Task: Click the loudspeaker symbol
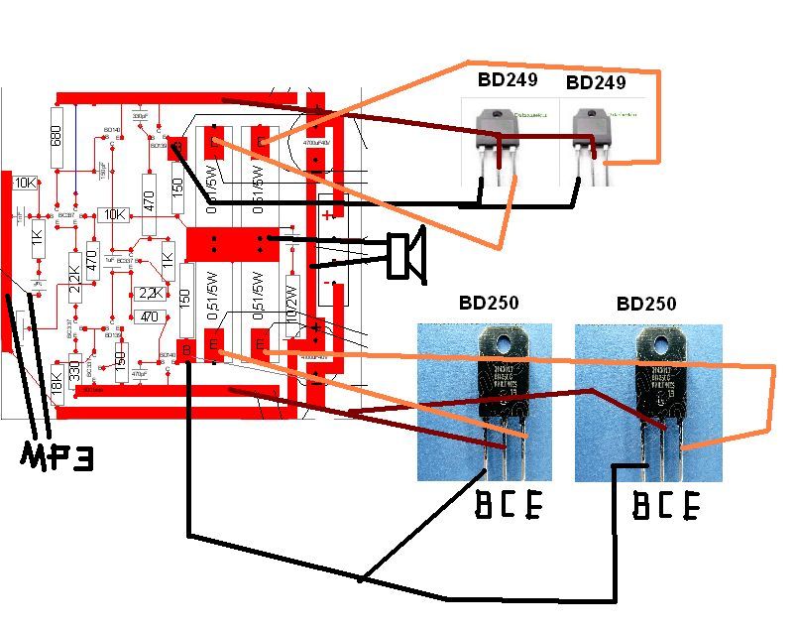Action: click(404, 252)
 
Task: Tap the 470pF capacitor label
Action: click(138, 374)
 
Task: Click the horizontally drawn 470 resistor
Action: click(149, 316)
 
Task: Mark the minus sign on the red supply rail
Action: click(328, 282)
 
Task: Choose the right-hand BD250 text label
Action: click(647, 304)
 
